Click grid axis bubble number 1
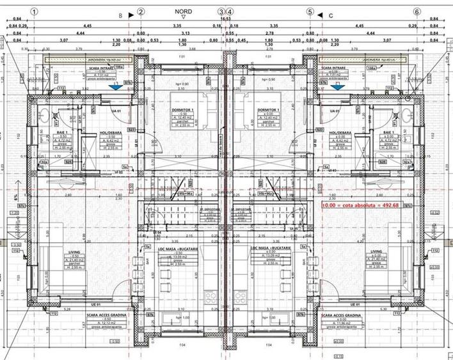click(x=34, y=12)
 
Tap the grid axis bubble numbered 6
click(x=417, y=12)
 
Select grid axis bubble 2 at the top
click(x=141, y=12)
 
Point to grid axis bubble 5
click(x=310, y=12)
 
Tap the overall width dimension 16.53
click(x=225, y=19)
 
